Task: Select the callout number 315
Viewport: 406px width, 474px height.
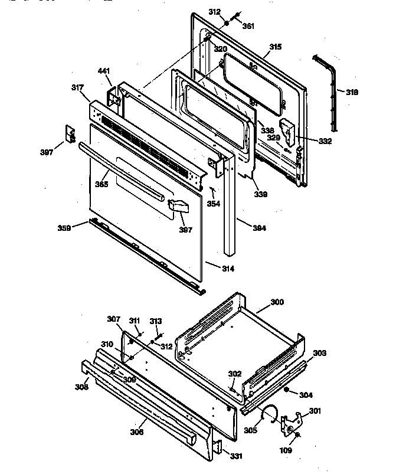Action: click(x=276, y=47)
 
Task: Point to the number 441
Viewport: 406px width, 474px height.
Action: click(x=104, y=71)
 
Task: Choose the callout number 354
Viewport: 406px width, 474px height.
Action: click(x=214, y=204)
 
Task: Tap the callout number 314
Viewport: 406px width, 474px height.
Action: click(x=227, y=269)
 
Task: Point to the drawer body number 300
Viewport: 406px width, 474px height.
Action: click(x=277, y=302)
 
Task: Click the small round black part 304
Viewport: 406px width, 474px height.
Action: click(x=286, y=390)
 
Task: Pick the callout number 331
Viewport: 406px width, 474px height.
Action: click(x=235, y=456)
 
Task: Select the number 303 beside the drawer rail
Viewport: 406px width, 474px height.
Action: click(x=319, y=353)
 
